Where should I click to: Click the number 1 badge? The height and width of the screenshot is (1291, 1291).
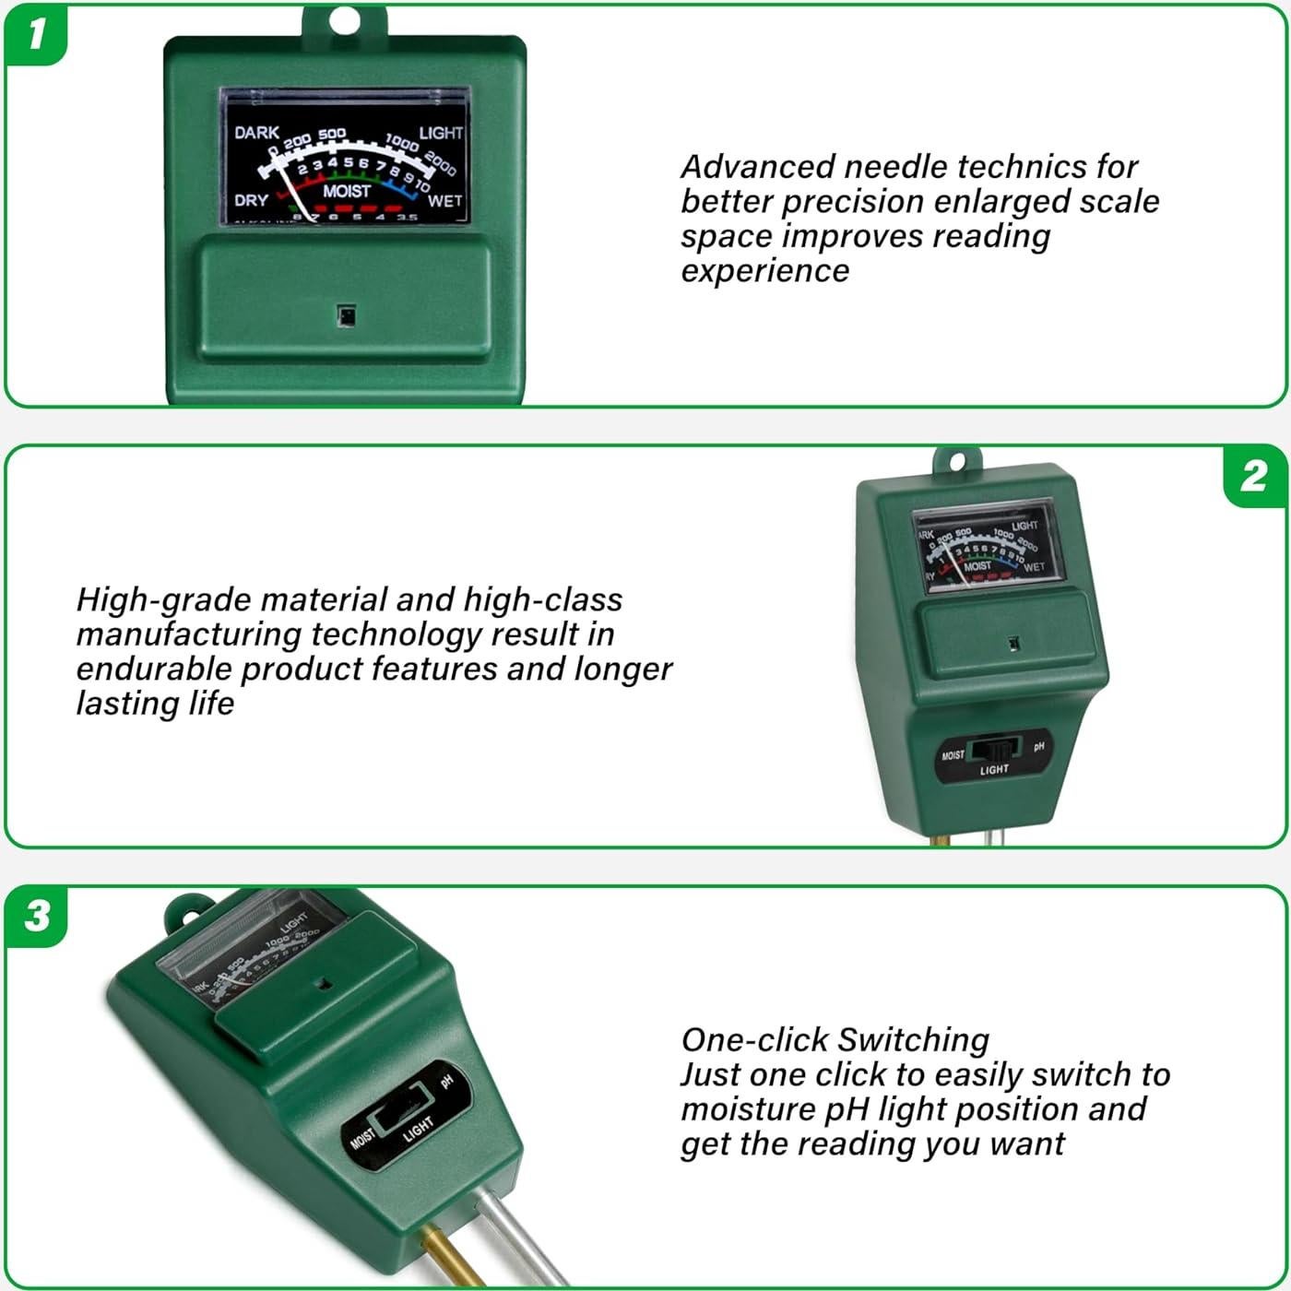(36, 34)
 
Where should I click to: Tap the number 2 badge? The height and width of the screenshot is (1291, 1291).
(1253, 476)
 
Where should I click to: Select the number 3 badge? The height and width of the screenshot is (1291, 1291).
(37, 916)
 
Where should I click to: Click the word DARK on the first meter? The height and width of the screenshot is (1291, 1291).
(256, 133)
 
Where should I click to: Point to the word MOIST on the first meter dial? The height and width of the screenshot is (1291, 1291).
(347, 192)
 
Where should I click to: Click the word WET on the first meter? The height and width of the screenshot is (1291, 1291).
(444, 201)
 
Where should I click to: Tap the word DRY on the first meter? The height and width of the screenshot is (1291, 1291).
(251, 200)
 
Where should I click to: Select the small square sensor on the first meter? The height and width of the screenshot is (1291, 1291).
(346, 316)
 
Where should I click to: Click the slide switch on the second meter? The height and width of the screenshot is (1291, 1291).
(995, 749)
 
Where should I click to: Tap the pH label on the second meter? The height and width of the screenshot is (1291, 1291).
(1039, 746)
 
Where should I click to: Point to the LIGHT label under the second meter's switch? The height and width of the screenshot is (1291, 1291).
(994, 770)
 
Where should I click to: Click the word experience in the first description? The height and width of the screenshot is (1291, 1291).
(764, 271)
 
